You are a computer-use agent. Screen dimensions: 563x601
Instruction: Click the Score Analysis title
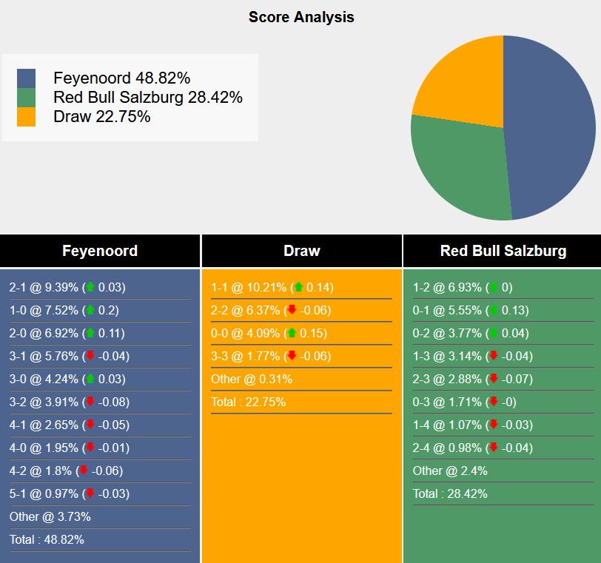301,17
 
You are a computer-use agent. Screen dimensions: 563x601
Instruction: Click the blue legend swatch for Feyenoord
26,78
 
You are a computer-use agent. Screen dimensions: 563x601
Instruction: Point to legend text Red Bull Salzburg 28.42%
148,97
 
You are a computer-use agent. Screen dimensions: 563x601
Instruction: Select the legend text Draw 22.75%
102,116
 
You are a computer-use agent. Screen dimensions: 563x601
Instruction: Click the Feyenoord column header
100,251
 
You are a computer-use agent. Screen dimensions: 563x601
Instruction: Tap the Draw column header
301,251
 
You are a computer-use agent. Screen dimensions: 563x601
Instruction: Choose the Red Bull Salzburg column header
503,251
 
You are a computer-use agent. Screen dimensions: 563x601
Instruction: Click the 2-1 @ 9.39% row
67,287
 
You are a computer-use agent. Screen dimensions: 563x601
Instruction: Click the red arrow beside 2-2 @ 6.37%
292,310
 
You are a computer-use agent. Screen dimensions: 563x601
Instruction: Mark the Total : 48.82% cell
47,539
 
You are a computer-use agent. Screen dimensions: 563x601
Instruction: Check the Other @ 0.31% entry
251,379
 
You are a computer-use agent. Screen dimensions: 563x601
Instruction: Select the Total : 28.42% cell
450,493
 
